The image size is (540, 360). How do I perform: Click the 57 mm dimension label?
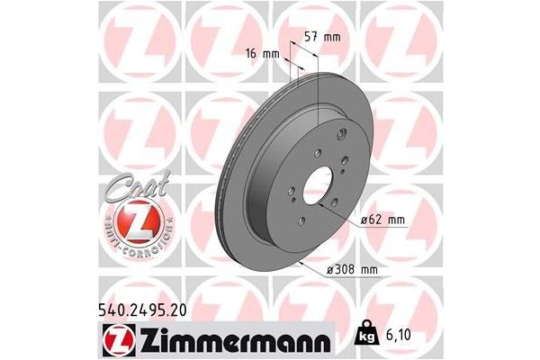[x=322, y=38]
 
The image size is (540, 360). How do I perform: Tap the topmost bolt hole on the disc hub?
[x=342, y=135]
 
